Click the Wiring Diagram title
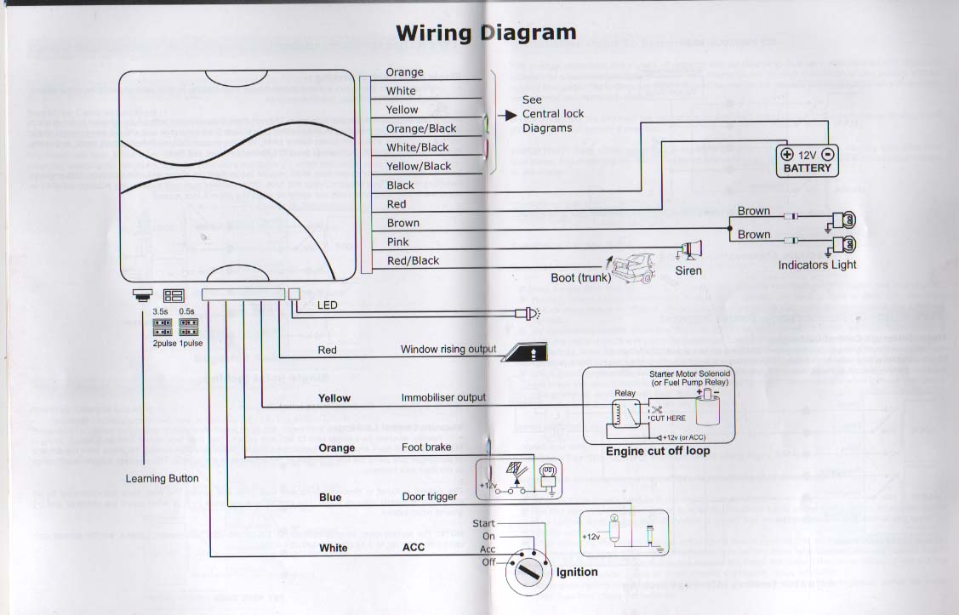486,33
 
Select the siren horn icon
690,249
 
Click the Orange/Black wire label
420,128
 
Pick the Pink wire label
397,242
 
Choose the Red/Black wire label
413,260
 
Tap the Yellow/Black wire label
418,166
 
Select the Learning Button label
163,478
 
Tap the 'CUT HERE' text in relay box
668,419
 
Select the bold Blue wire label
330,498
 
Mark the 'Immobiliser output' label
443,397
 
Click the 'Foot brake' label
425,447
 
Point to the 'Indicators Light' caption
817,265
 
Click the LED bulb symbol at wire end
529,315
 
